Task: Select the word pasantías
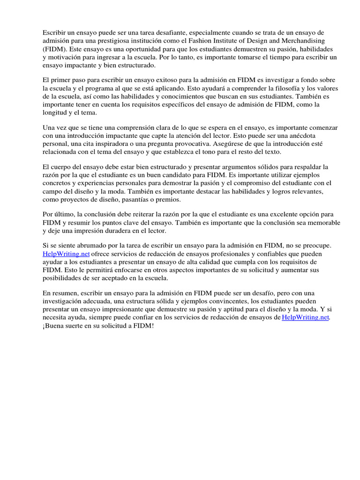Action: [x=137, y=199]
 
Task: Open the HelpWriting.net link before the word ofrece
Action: [x=62, y=254]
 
